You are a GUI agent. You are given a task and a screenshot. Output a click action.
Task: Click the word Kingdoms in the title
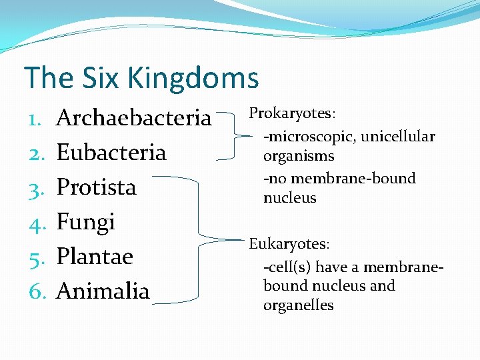click(x=193, y=78)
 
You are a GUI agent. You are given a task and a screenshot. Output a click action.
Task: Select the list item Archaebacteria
click(x=134, y=118)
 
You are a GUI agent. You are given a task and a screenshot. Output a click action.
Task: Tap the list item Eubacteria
click(x=111, y=153)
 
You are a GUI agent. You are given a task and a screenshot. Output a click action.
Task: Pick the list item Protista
click(x=96, y=187)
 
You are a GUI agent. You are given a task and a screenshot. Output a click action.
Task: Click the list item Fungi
click(x=85, y=222)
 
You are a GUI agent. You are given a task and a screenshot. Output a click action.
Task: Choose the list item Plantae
click(x=95, y=257)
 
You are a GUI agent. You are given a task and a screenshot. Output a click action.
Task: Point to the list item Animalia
click(x=103, y=291)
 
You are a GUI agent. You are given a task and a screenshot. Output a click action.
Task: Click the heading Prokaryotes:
click(x=291, y=113)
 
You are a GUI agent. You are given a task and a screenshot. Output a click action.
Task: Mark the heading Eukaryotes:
click(x=289, y=244)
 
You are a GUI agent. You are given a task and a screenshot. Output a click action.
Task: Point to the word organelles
click(x=298, y=305)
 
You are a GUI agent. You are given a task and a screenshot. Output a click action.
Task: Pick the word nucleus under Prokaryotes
click(x=289, y=198)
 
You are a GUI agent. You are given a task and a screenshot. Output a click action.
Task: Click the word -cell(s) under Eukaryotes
click(x=287, y=267)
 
